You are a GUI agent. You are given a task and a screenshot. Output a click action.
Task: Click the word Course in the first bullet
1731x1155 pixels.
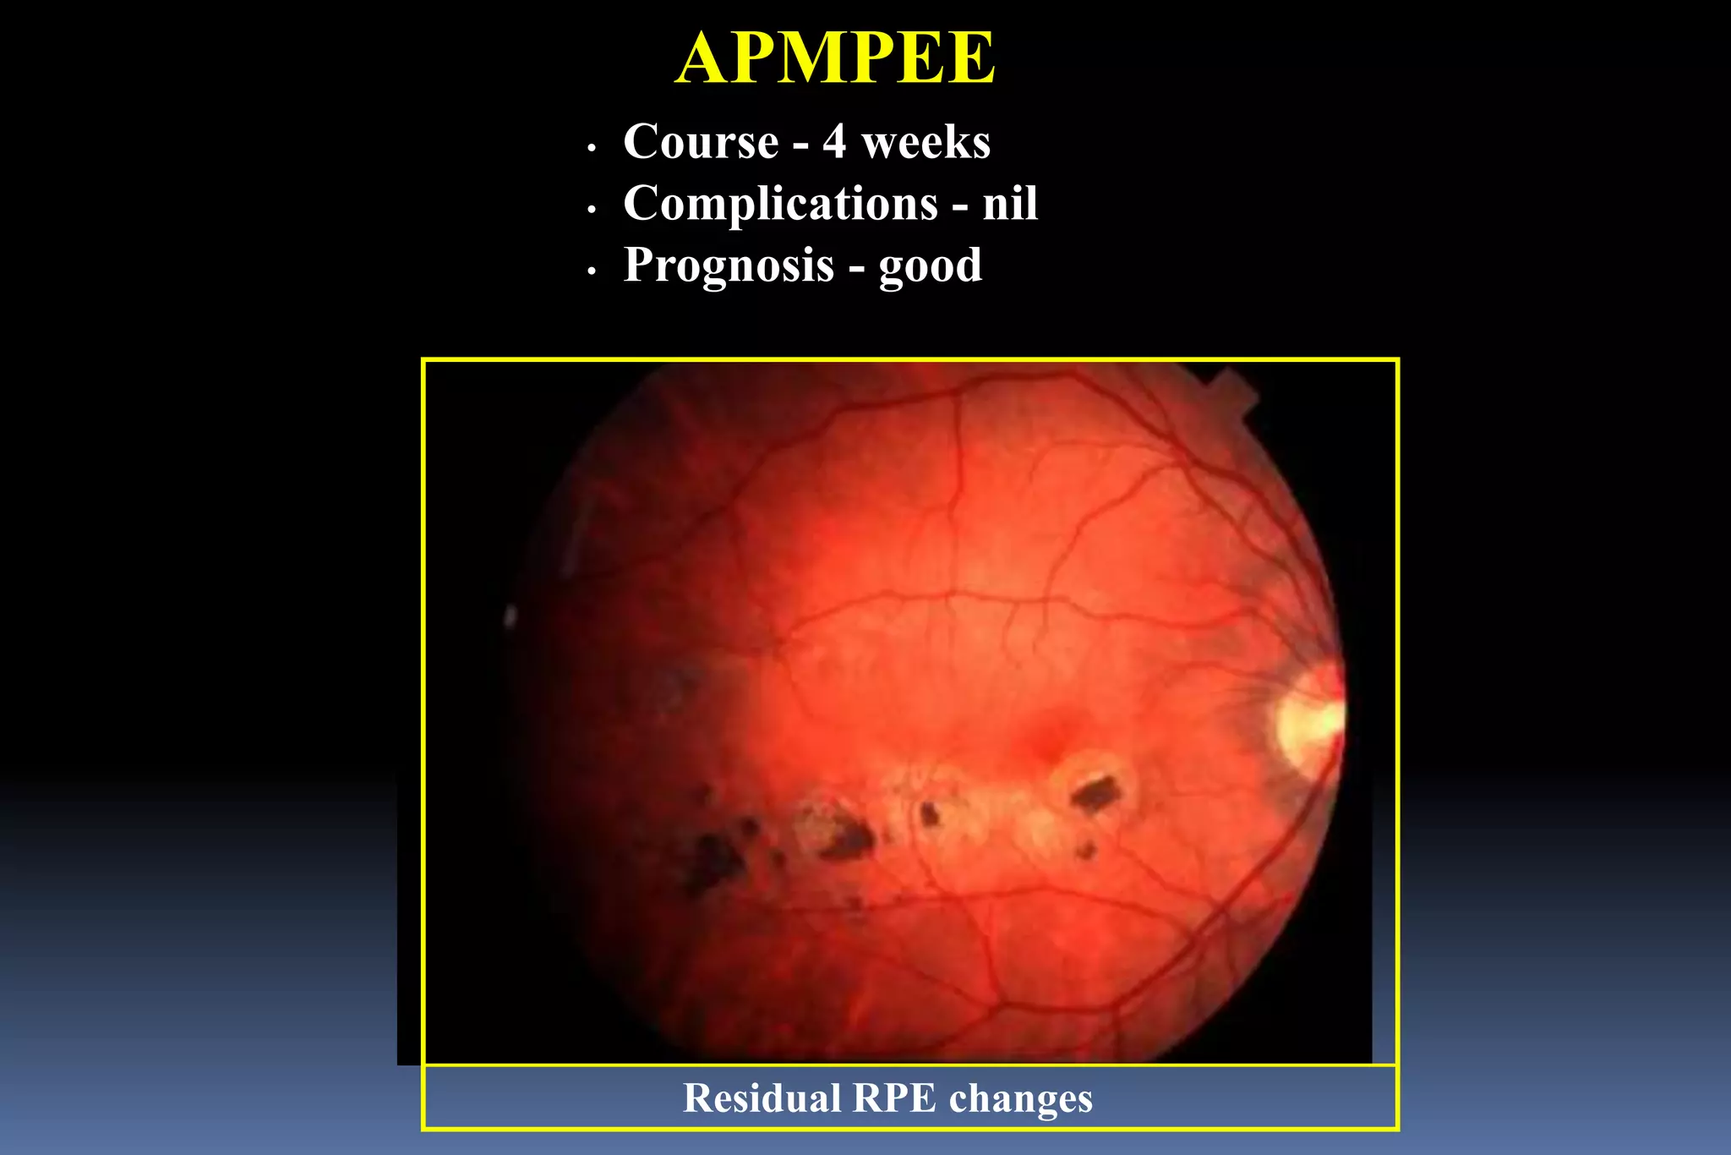pyautogui.click(x=701, y=141)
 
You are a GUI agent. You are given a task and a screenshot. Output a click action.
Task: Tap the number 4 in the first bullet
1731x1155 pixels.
pyautogui.click(x=834, y=141)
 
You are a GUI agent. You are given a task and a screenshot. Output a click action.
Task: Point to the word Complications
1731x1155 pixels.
pyautogui.click(x=780, y=204)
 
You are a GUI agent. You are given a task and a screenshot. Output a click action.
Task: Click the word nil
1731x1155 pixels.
pyautogui.click(x=1010, y=204)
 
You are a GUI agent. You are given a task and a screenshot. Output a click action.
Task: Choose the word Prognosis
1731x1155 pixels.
pyautogui.click(x=729, y=265)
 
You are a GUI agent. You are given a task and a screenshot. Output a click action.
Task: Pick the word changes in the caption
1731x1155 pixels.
pyautogui.click(x=1020, y=1098)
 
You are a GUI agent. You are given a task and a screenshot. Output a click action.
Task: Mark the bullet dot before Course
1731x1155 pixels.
pyautogui.click(x=592, y=148)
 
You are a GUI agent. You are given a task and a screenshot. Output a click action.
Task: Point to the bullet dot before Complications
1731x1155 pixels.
pyautogui.click(x=592, y=210)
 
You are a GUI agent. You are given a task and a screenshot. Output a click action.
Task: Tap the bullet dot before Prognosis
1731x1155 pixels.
pyautogui.click(x=592, y=271)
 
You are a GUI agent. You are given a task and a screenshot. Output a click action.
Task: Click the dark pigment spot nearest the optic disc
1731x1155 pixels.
pyautogui.click(x=1096, y=793)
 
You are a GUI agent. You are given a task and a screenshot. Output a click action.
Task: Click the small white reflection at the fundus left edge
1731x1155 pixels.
pyautogui.click(x=510, y=616)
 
